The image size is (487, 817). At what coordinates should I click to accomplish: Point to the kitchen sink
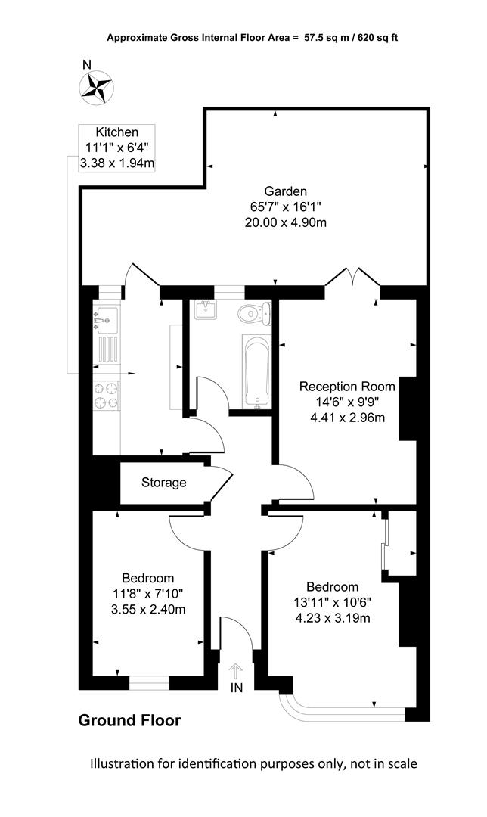[x=107, y=320]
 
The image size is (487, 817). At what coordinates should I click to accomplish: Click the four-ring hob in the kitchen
[x=107, y=395]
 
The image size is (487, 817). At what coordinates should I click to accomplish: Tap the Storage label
[x=163, y=483]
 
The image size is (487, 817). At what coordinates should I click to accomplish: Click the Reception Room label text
[x=347, y=387]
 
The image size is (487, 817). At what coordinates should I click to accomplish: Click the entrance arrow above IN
[x=236, y=670]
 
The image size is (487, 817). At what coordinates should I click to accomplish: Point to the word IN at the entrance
[x=237, y=688]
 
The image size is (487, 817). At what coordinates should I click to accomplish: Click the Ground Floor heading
[x=130, y=721]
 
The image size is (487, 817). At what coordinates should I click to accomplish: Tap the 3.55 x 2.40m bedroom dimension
[x=148, y=609]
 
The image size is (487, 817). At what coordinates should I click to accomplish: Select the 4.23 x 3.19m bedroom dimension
[x=333, y=618]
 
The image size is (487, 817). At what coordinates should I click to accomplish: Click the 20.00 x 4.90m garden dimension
[x=285, y=222]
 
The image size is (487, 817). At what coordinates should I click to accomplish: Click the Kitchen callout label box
[x=116, y=148]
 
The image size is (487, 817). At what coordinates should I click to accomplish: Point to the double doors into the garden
[x=352, y=277]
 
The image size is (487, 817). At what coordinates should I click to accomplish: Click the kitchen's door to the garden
[x=141, y=275]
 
